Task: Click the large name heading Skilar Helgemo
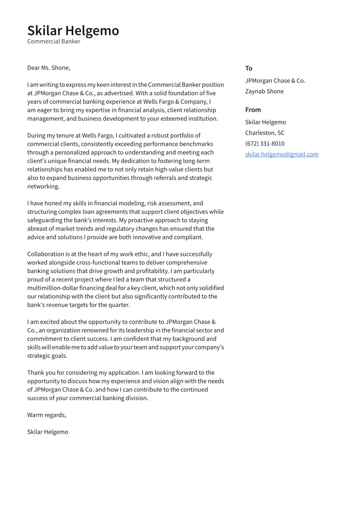(73, 31)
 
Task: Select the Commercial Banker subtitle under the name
(54, 41)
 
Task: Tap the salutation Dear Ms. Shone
(48, 68)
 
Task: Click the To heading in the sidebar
(248, 68)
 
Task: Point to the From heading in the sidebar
(253, 110)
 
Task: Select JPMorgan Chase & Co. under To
(275, 81)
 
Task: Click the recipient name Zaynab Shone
(264, 91)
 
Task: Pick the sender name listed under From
(265, 122)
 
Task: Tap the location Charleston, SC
(264, 133)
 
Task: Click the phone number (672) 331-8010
(264, 143)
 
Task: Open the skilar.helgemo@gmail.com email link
(281, 154)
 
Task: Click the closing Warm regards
(47, 415)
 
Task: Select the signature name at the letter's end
(48, 432)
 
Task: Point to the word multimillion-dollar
(56, 288)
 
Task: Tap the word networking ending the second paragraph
(43, 186)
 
